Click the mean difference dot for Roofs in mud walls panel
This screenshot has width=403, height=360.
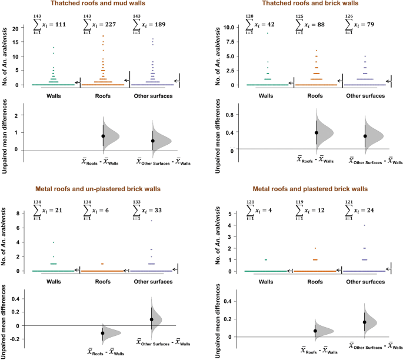[103, 136]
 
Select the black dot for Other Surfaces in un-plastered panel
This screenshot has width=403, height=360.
[152, 319]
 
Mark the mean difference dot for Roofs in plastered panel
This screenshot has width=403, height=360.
[315, 331]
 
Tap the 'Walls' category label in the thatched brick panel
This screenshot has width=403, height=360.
[267, 95]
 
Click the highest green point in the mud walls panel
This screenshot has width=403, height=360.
[54, 48]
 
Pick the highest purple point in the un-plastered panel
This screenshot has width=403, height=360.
[152, 221]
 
